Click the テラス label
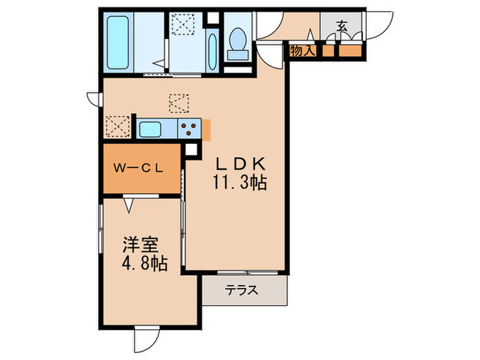pos(243,290)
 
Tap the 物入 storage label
pos(302,50)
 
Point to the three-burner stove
pos(190,128)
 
